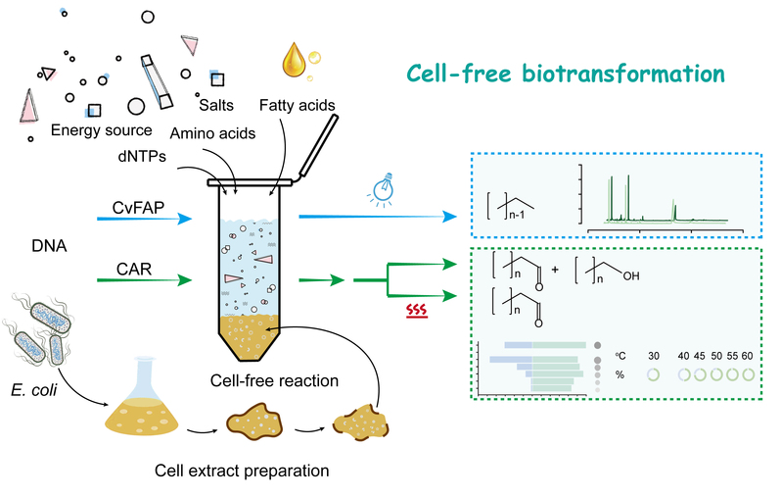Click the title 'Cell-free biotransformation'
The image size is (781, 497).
(565, 75)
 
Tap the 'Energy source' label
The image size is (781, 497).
(102, 129)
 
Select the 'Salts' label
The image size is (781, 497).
(215, 105)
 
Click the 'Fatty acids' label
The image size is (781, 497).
(298, 105)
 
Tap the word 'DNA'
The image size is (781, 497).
(49, 250)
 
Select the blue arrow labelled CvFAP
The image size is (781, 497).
(147, 222)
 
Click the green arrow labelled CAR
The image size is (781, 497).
(147, 282)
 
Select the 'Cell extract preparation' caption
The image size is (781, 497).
(242, 470)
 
